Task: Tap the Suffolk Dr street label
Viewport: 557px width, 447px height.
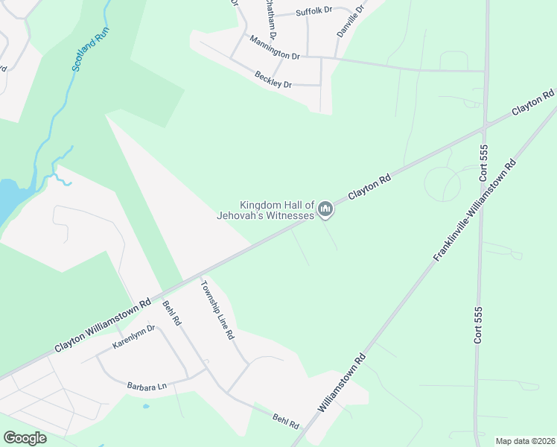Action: pos(313,12)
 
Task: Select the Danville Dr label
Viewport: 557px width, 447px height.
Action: pos(350,22)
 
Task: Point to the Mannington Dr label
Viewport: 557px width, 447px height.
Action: pos(274,47)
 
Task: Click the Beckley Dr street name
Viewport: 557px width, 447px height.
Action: pos(273,80)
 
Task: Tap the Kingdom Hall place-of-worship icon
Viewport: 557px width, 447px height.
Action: pos(325,211)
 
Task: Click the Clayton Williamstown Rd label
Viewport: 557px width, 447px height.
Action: pos(103,325)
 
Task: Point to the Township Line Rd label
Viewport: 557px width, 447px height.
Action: pos(218,309)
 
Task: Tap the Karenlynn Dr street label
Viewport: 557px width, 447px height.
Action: pos(133,337)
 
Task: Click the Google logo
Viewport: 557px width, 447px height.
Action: pos(25,437)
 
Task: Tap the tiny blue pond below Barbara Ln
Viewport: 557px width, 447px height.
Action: pos(145,406)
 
